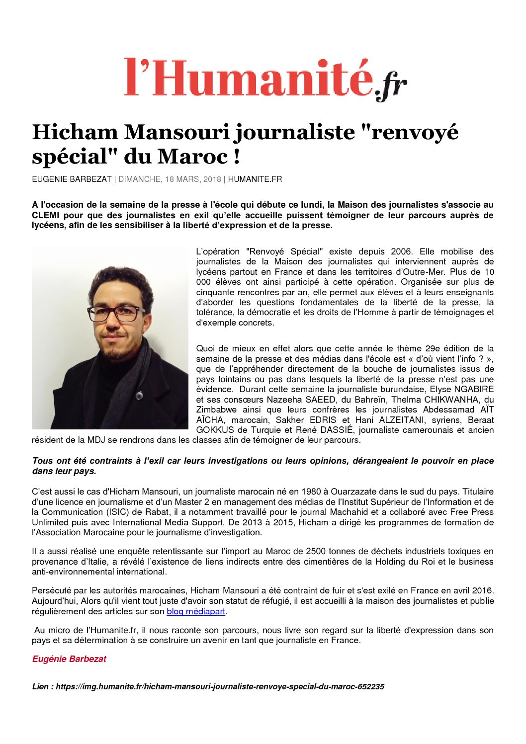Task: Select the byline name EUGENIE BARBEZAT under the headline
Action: pos(72,179)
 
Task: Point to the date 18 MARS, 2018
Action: pos(192,179)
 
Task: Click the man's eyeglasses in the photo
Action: pos(115,314)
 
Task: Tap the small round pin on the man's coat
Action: pos(140,396)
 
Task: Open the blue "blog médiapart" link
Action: pos(196,611)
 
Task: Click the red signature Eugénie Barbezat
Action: pos(69,659)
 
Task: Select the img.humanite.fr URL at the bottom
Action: pos(220,687)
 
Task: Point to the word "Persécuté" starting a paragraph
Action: pos(51,591)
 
